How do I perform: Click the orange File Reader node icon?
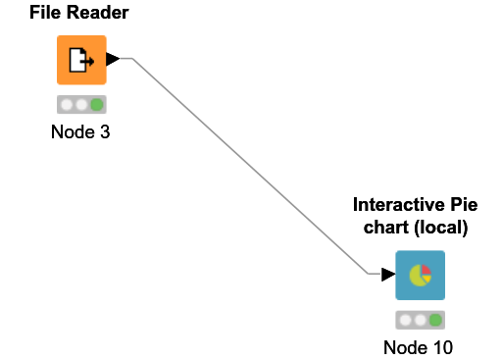coord(80,60)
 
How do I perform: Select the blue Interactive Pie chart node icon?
coord(420,276)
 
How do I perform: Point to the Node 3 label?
coord(80,131)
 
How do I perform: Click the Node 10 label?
coord(419,346)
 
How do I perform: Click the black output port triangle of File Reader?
coord(113,60)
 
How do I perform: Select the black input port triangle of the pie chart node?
coord(387,275)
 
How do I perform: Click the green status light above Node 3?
coord(96,104)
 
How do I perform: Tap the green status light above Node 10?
coord(435,320)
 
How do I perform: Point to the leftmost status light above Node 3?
coord(66,104)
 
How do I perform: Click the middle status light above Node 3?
coord(80,104)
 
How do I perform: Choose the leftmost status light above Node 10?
coord(405,320)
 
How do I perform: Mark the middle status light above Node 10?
coord(420,320)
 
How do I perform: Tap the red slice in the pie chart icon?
coord(426,271)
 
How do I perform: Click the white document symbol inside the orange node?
coord(78,61)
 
